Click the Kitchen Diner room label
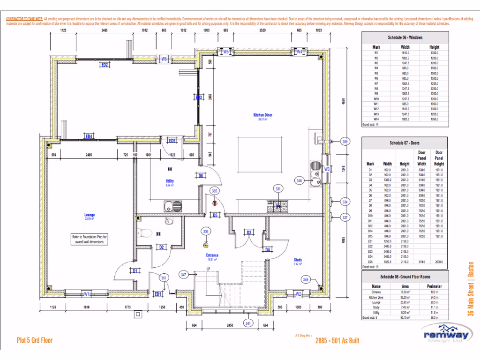pos(262,115)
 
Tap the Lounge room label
pos(90,215)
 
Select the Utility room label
pos(170,181)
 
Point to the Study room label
pos(298,260)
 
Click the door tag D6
pos(200,176)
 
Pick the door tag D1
pos(135,271)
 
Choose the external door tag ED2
pos(105,65)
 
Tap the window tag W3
pos(327,169)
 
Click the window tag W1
pos(87,294)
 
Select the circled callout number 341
pos(247,323)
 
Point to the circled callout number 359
pos(345,141)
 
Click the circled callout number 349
pos(305,280)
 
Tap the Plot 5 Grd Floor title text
pos(34,341)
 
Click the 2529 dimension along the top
pos(262,30)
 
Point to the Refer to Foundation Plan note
pos(90,240)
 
